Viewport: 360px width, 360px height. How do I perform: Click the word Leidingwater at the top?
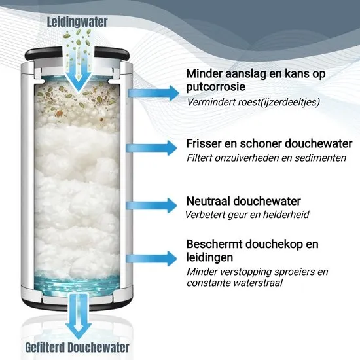[77, 22]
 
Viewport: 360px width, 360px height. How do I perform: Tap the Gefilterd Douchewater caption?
[77, 348]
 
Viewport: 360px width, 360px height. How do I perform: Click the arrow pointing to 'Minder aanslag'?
[153, 93]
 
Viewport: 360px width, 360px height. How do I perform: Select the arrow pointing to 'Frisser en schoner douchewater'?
[152, 148]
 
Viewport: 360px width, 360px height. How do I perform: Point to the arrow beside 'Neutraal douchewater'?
[152, 206]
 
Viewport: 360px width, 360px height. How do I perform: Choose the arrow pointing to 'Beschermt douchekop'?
[152, 259]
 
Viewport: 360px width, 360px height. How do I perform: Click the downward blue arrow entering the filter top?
[79, 69]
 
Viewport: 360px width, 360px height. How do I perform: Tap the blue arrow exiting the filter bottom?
[79, 316]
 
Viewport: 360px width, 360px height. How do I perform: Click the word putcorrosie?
[215, 87]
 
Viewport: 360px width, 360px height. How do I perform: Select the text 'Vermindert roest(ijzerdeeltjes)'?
[253, 102]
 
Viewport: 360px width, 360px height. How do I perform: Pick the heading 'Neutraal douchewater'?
[243, 201]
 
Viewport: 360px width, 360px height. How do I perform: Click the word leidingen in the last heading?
[209, 257]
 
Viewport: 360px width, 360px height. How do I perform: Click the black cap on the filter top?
[77, 54]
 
